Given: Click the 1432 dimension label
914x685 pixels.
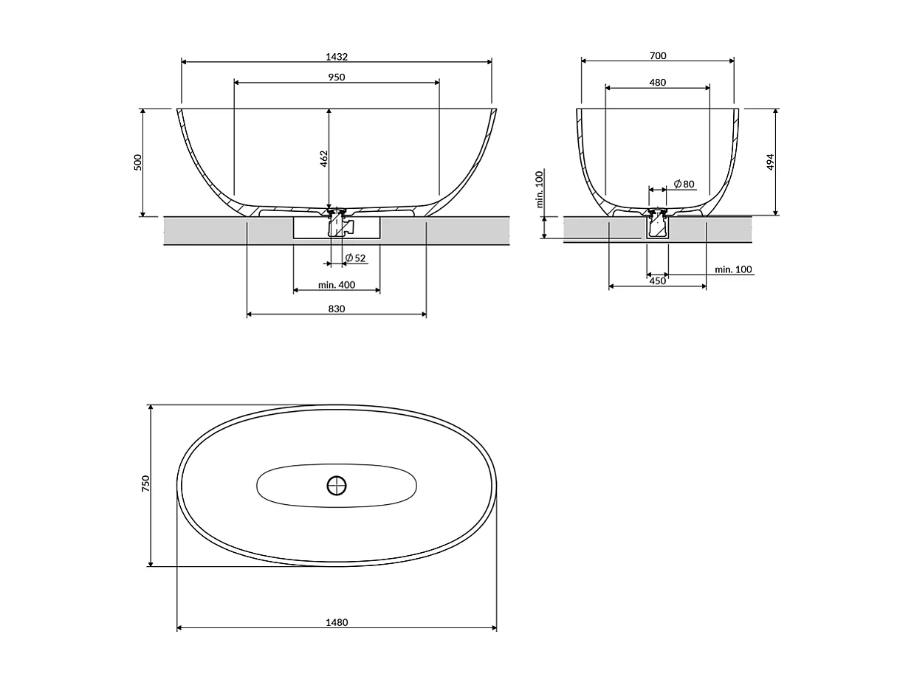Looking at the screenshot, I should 337,57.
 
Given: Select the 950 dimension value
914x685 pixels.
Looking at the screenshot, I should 337,78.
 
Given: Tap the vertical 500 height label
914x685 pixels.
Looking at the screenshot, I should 138,162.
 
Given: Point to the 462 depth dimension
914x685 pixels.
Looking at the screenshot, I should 323,159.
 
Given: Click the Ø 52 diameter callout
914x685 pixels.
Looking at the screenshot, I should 355,258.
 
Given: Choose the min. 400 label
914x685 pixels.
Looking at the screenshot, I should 337,285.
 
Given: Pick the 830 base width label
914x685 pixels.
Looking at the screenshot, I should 337,309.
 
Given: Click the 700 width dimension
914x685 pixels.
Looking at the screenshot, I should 658,56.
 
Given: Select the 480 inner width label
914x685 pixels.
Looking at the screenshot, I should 658,82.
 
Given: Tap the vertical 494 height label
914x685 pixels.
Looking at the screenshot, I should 770,162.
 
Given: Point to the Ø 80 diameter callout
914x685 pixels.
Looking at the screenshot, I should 684,184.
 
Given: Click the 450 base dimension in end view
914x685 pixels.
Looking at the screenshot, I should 657,281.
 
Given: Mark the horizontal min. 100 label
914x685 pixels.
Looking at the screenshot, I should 733,269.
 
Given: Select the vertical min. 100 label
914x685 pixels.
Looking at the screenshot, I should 539,189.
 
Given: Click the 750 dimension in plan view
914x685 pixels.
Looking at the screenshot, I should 146,483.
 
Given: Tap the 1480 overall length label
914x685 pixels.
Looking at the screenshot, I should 337,622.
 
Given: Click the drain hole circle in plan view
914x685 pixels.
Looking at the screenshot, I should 337,486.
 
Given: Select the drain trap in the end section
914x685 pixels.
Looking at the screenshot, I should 657,224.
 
